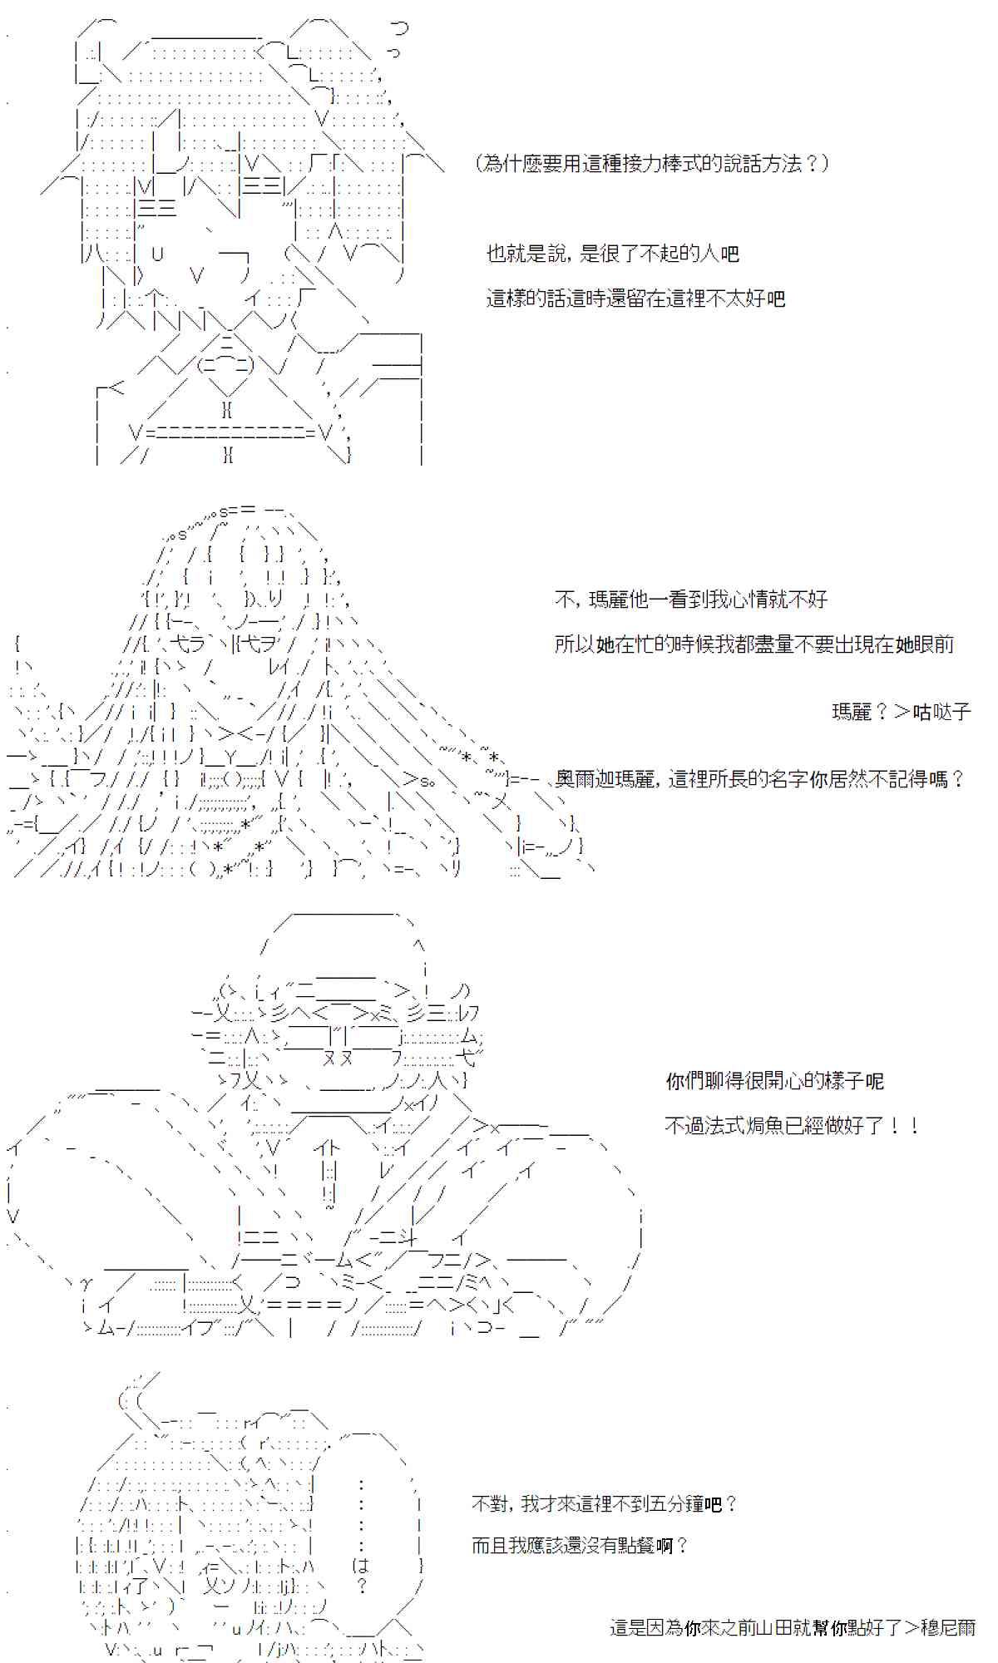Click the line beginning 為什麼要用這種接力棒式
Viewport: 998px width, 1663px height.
tap(653, 164)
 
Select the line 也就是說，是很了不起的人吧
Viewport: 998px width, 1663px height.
tap(612, 254)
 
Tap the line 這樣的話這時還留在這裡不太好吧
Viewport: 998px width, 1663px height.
tap(635, 299)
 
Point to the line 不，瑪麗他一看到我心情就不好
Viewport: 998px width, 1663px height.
tap(690, 600)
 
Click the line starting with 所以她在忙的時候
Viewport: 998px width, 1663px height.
tap(753, 644)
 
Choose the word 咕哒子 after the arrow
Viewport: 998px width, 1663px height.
tap(941, 712)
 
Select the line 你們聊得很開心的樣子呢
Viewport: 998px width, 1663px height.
tap(774, 1081)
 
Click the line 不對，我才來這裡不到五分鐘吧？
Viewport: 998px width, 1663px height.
tap(604, 1503)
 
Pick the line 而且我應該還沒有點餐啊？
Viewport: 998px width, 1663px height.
tap(580, 1546)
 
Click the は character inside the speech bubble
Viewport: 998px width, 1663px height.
tap(360, 1566)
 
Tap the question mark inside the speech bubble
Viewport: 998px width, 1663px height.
tap(361, 1587)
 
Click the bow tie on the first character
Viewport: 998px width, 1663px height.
tap(225, 364)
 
